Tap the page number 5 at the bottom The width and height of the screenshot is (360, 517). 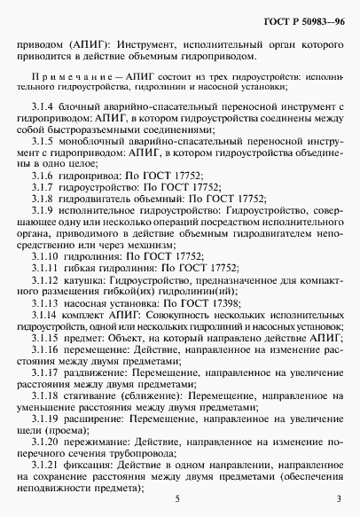pos(177,500)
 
